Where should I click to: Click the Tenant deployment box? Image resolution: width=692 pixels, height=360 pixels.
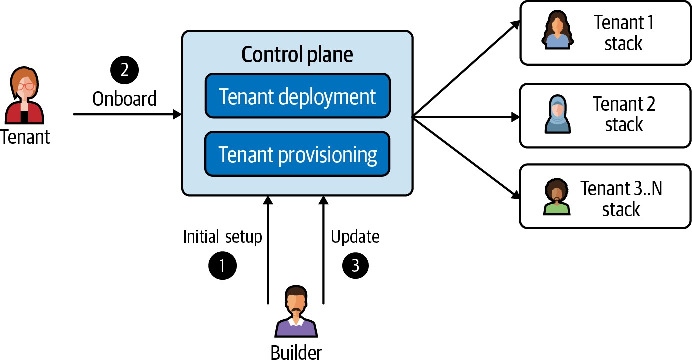tap(297, 96)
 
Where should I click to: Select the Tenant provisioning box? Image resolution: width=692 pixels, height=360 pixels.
tap(297, 154)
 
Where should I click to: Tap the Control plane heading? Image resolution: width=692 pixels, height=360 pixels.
tap(297, 55)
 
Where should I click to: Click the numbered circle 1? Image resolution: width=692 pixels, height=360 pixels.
tap(221, 265)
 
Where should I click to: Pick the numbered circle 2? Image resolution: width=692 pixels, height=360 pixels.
tap(124, 70)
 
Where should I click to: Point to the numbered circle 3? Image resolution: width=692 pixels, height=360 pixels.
tap(355, 265)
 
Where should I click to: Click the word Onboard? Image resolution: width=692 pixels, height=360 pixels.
tap(124, 98)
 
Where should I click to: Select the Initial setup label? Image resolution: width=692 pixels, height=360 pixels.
tap(222, 236)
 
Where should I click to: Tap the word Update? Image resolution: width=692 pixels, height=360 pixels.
tap(355, 236)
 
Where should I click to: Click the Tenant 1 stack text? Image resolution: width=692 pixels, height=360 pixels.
tap(623, 33)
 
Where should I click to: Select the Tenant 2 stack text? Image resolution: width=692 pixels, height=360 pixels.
tap(623, 114)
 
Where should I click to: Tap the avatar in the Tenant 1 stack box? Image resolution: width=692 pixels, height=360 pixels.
tap(556, 31)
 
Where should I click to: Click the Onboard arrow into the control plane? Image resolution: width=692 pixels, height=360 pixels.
tap(127, 114)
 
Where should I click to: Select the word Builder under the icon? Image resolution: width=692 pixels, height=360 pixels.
tap(296, 352)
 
